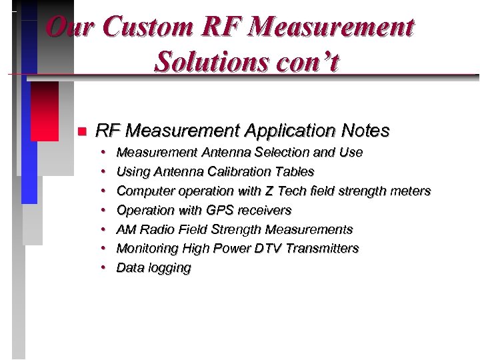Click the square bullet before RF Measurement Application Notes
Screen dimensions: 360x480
[x=81, y=131]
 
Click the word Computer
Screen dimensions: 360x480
[x=145, y=191]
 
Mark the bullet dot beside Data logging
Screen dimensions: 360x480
[x=104, y=268]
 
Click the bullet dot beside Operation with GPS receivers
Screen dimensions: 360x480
[x=104, y=210]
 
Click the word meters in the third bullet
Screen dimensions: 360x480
[x=411, y=191]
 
